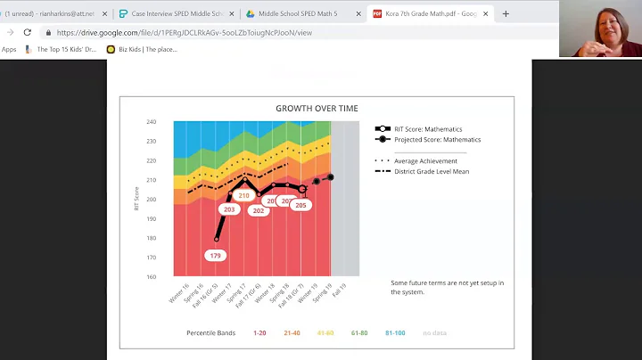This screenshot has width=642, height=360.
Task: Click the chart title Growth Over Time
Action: pyautogui.click(x=317, y=109)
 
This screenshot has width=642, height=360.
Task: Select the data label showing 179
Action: pyautogui.click(x=215, y=256)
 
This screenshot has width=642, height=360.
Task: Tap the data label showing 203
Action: pyautogui.click(x=229, y=209)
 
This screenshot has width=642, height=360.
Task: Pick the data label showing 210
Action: pyautogui.click(x=244, y=195)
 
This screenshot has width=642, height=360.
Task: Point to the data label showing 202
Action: pyautogui.click(x=259, y=210)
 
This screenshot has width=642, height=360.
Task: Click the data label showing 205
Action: pyautogui.click(x=300, y=205)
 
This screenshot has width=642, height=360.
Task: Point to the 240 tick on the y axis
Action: pyautogui.click(x=152, y=122)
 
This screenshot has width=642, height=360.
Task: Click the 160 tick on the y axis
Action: pyautogui.click(x=152, y=276)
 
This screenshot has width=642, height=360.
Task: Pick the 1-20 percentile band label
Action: pyautogui.click(x=259, y=332)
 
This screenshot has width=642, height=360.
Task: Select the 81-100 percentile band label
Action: pyautogui.click(x=394, y=332)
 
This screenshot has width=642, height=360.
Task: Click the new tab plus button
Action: pyautogui.click(x=506, y=14)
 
